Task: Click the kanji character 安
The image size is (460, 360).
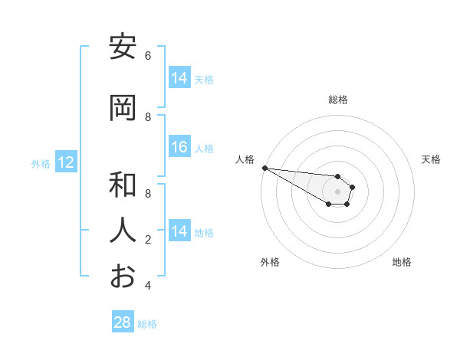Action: [x=123, y=48]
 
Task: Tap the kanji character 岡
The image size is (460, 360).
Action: [x=123, y=109]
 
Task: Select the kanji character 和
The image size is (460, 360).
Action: [x=123, y=185]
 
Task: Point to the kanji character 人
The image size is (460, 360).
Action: [x=123, y=230]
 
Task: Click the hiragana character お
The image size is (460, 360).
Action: [x=123, y=276]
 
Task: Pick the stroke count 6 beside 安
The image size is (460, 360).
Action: [x=148, y=56]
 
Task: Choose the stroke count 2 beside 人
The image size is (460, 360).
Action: [x=148, y=240]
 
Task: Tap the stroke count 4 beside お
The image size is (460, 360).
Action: [x=148, y=286]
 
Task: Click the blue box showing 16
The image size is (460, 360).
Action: [x=179, y=148]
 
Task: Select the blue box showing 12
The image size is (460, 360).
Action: [x=66, y=162]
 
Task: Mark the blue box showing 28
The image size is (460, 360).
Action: [x=123, y=322]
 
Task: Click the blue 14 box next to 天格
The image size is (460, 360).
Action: [x=179, y=78]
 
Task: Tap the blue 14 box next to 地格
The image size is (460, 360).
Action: [x=179, y=231]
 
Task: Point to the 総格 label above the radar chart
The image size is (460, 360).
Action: [x=338, y=100]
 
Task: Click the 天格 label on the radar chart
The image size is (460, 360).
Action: [x=432, y=159]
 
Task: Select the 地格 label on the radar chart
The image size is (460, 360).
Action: [x=402, y=262]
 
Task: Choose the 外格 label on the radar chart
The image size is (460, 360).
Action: [x=270, y=262]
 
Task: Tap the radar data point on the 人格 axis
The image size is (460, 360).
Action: [x=264, y=168]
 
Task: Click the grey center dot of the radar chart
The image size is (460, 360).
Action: [x=337, y=191]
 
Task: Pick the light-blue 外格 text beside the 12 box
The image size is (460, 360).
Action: [x=41, y=163]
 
